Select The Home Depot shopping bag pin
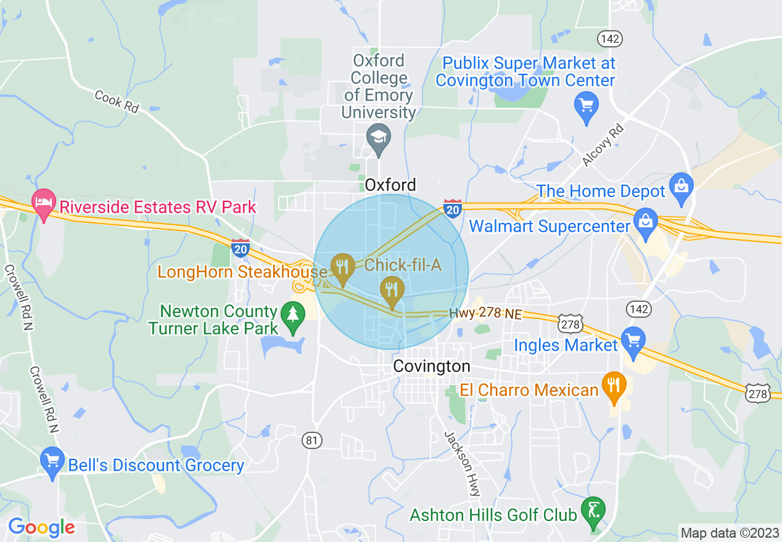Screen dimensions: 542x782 (681, 186)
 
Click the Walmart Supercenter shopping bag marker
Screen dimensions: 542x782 (646, 222)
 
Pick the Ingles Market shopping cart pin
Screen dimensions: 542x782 (633, 340)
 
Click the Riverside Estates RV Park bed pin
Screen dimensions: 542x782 (43, 203)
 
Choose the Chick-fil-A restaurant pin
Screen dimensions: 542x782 (391, 289)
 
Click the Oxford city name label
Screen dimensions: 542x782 (390, 185)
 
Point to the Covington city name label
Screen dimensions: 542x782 (432, 366)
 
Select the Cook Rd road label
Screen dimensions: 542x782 (117, 101)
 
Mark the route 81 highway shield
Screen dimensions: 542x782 (313, 440)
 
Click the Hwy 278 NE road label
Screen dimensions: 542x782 (485, 314)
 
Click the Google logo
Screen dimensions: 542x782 (41, 527)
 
